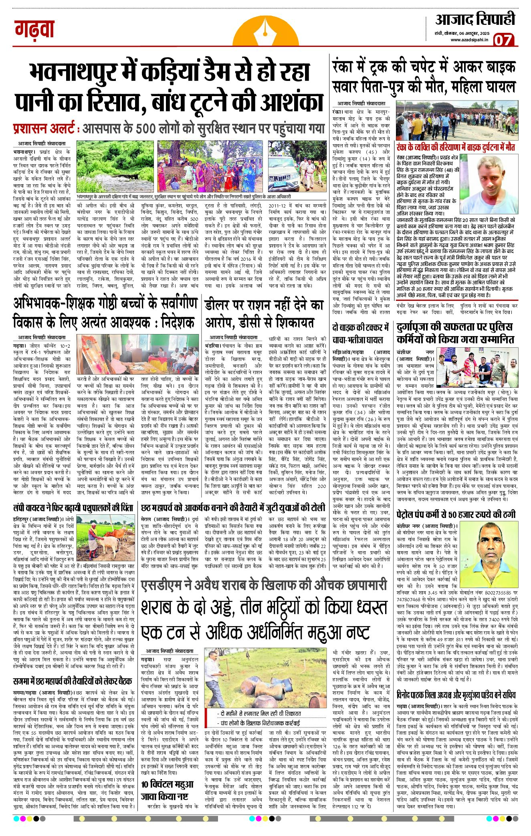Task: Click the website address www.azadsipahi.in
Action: point(469,40)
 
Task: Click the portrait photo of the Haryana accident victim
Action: point(493,183)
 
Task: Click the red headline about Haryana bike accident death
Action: point(456,147)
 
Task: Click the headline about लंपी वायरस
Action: point(73,508)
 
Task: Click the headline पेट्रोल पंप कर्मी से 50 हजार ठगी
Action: point(456,514)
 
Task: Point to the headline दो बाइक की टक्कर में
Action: point(361,327)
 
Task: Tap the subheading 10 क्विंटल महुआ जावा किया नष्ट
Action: point(167,790)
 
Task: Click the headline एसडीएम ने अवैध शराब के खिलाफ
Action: point(263,586)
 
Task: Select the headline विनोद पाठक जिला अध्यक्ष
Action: point(456,694)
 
